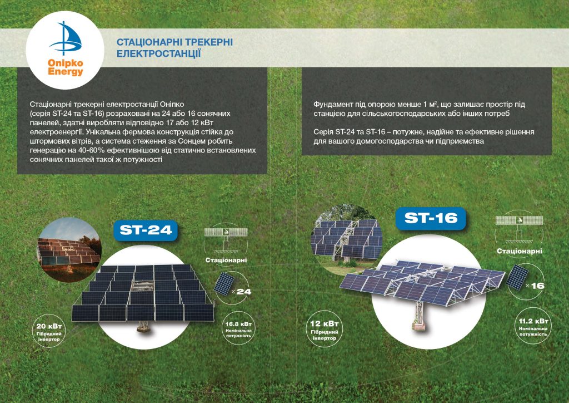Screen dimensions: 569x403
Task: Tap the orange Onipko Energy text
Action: pyautogui.click(x=66, y=67)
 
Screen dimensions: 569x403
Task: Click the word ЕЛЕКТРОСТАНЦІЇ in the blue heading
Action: pyautogui.click(x=158, y=54)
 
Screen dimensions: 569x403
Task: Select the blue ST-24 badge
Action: pyautogui.click(x=146, y=230)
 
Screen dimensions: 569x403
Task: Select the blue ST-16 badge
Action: pyautogui.click(x=431, y=218)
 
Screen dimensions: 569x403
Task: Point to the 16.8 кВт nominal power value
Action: pyautogui.click(x=238, y=324)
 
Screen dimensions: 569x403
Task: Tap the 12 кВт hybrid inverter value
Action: pyautogui.click(x=325, y=324)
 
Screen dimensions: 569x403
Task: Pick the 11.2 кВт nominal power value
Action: pyautogui.click(x=533, y=321)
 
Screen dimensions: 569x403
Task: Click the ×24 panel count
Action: pyautogui.click(x=241, y=292)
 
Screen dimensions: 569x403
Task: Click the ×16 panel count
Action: pyautogui.click(x=535, y=286)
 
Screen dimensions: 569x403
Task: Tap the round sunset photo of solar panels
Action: pyautogui.click(x=69, y=250)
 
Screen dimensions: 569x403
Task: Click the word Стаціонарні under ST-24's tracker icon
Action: pyautogui.click(x=226, y=260)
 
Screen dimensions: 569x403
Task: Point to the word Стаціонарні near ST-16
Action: pyautogui.click(x=520, y=251)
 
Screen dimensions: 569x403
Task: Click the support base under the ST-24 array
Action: pyautogui.click(x=144, y=327)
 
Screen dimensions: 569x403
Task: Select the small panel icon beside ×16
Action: pyautogui.click(x=517, y=277)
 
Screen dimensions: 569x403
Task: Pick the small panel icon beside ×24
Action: pyautogui.click(x=224, y=284)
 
